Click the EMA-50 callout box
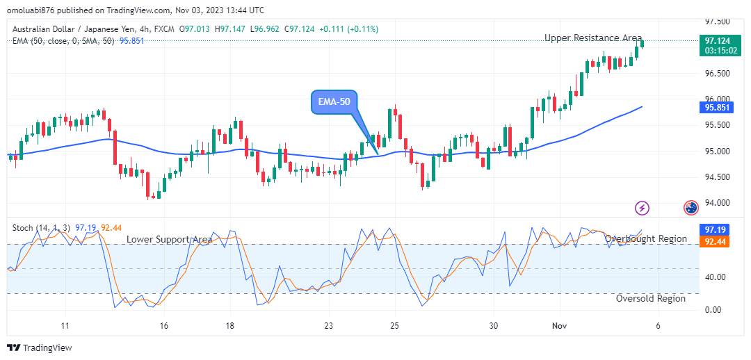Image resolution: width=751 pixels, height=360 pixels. coord(333,101)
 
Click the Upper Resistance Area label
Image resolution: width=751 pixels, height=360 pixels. coord(593,38)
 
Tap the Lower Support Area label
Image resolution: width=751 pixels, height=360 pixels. coord(169,239)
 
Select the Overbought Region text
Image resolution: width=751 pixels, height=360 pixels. coord(645,238)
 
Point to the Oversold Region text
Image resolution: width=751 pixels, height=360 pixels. coord(651,298)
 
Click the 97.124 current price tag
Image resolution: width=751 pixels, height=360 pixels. coord(716,41)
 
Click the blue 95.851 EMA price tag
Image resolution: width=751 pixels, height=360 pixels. coord(716,108)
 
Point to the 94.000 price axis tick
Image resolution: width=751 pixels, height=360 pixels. coord(716,203)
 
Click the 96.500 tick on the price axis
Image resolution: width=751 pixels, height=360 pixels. coord(716,73)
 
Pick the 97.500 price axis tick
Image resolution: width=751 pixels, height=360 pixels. coord(716,22)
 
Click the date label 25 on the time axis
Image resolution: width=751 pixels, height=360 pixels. coord(394,325)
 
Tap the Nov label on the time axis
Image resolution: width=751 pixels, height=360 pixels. coord(560,325)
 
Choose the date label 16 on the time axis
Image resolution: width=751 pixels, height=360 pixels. coord(164,325)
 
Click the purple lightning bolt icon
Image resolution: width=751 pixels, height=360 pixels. coord(643,207)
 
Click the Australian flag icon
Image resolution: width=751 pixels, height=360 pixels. coord(691,207)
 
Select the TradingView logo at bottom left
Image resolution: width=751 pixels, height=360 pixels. coord(40,347)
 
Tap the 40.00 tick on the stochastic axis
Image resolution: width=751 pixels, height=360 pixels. coord(714,277)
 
